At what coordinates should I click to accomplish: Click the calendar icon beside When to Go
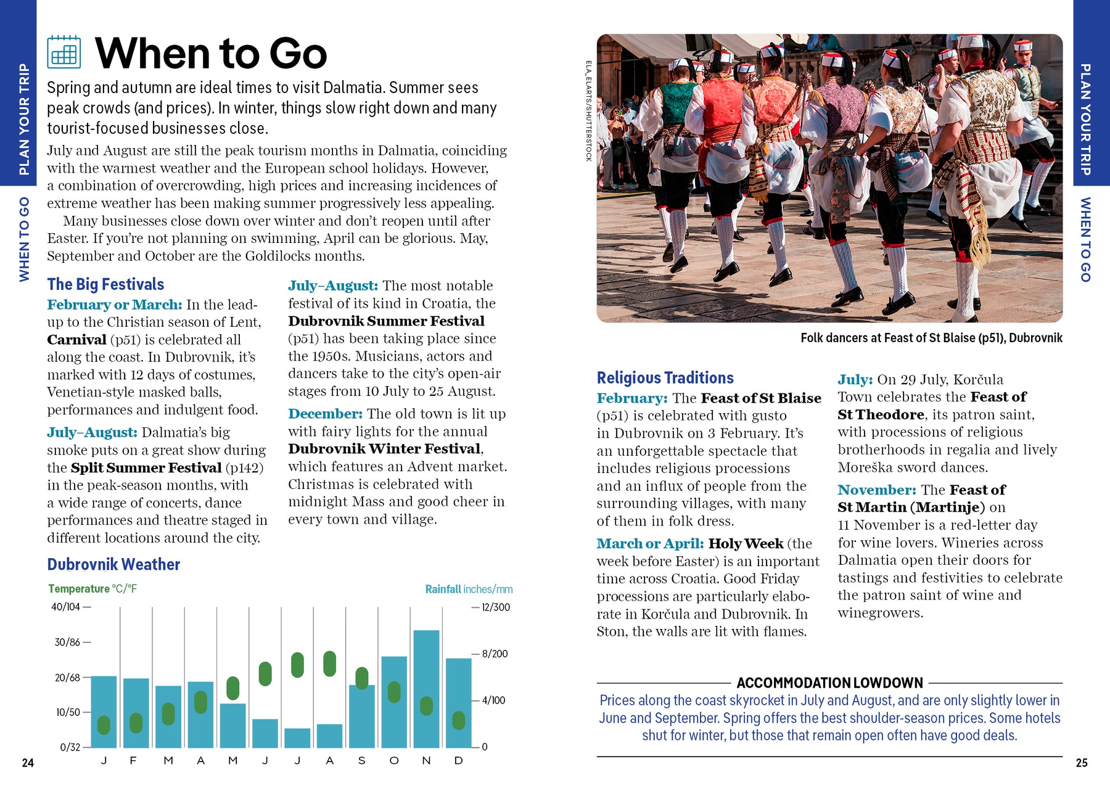[x=64, y=52]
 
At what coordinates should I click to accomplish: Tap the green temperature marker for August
[x=330, y=664]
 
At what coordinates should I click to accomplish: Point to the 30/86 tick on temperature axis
[x=68, y=643]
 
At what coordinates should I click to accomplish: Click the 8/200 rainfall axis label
[x=495, y=654]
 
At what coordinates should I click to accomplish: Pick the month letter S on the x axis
[x=362, y=761]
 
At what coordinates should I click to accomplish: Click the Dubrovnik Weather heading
[x=113, y=565]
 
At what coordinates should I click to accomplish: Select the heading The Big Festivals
[x=105, y=284]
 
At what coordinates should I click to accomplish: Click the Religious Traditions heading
[x=665, y=378]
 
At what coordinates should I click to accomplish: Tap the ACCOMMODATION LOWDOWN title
[x=829, y=683]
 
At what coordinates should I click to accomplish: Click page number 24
[x=28, y=763]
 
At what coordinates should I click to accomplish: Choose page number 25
[x=1082, y=763]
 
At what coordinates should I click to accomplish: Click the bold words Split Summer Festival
[x=146, y=468]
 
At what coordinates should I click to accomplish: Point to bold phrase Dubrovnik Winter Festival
[x=384, y=449]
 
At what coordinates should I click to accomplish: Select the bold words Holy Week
[x=746, y=544]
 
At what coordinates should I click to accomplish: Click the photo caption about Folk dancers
[x=931, y=338]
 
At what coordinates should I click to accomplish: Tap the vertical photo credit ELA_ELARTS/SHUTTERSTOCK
[x=588, y=111]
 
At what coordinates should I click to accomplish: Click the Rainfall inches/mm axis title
[x=469, y=589]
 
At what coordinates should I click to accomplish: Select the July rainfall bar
[x=297, y=738]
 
